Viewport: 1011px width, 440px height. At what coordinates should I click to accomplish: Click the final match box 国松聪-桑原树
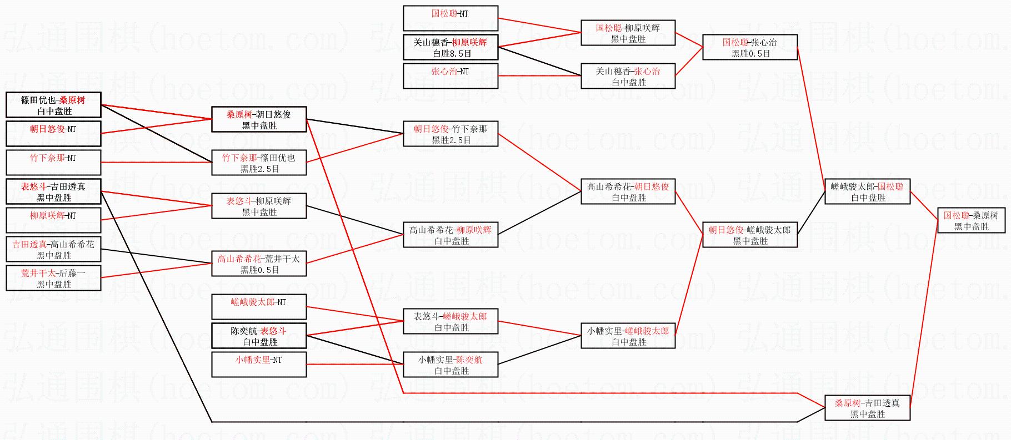click(970, 220)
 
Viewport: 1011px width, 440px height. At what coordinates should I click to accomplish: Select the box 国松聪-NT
click(450, 18)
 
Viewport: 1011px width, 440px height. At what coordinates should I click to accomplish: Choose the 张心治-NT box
click(450, 76)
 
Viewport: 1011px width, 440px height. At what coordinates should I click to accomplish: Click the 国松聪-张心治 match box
click(750, 47)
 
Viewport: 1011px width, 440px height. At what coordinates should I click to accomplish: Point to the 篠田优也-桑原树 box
click(53, 105)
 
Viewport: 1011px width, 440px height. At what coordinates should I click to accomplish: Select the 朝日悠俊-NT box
click(53, 134)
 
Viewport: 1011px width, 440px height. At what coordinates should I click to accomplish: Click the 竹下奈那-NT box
click(53, 163)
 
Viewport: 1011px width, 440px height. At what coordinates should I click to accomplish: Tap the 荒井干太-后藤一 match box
click(53, 278)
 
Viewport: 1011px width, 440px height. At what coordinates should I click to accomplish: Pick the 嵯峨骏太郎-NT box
click(259, 307)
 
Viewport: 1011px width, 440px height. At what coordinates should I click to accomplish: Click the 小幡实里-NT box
click(259, 365)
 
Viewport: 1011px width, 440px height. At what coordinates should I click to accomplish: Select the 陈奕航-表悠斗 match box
click(259, 336)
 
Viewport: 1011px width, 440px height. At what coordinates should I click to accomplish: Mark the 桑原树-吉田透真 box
click(867, 408)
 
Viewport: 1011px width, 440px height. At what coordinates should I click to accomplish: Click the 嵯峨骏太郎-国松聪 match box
click(867, 191)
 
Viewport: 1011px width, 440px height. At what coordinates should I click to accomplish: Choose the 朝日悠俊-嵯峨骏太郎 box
click(750, 235)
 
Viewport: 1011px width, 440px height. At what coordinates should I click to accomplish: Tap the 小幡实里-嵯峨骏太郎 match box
click(628, 336)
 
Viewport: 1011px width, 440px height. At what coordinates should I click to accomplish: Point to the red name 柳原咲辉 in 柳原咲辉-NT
click(47, 215)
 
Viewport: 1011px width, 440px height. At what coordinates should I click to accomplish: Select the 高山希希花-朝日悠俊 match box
click(628, 191)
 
